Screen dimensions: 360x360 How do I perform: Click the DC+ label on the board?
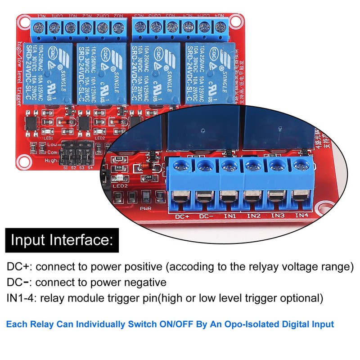(182, 216)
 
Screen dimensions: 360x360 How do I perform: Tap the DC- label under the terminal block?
(206, 216)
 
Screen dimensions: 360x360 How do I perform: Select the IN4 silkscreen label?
(301, 216)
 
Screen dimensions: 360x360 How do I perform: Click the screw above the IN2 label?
(253, 166)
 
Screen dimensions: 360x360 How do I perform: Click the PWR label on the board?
(145, 209)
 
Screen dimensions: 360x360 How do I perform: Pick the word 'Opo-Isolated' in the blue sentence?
(236, 324)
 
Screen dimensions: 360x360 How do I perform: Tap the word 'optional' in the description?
(300, 298)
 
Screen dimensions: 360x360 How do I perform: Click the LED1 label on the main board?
(49, 138)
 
